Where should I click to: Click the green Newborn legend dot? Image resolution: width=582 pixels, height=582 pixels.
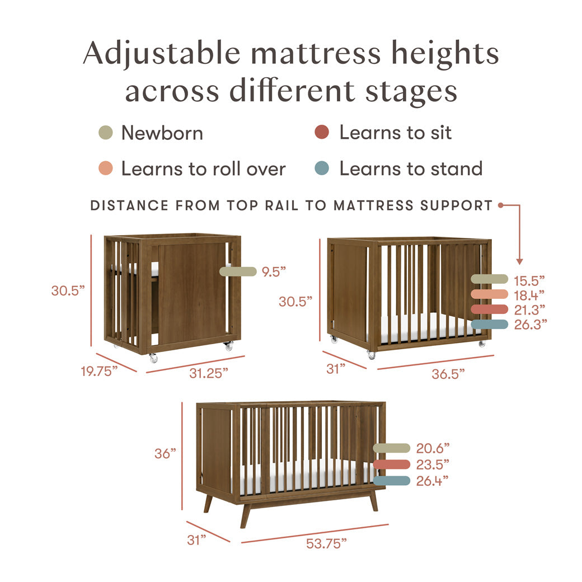tap(105, 133)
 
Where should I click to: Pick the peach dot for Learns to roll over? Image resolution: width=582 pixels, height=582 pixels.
tap(105, 168)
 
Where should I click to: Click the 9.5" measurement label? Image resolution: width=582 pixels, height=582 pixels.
tap(274, 272)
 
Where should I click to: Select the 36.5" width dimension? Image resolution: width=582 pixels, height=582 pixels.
tap(448, 373)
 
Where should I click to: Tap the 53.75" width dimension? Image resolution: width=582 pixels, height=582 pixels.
tap(326, 542)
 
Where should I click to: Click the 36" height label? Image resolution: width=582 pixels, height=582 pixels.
tap(166, 454)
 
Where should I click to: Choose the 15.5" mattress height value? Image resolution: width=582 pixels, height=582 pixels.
tap(529, 279)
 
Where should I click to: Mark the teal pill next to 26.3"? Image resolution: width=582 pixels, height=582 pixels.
tap(489, 324)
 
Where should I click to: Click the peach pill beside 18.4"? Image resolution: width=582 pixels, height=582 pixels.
tap(489, 294)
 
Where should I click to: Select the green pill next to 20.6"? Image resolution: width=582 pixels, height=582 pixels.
tap(392, 448)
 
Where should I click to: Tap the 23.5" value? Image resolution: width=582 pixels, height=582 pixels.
tap(433, 464)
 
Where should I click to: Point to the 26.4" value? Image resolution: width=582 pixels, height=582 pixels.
tap(433, 480)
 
